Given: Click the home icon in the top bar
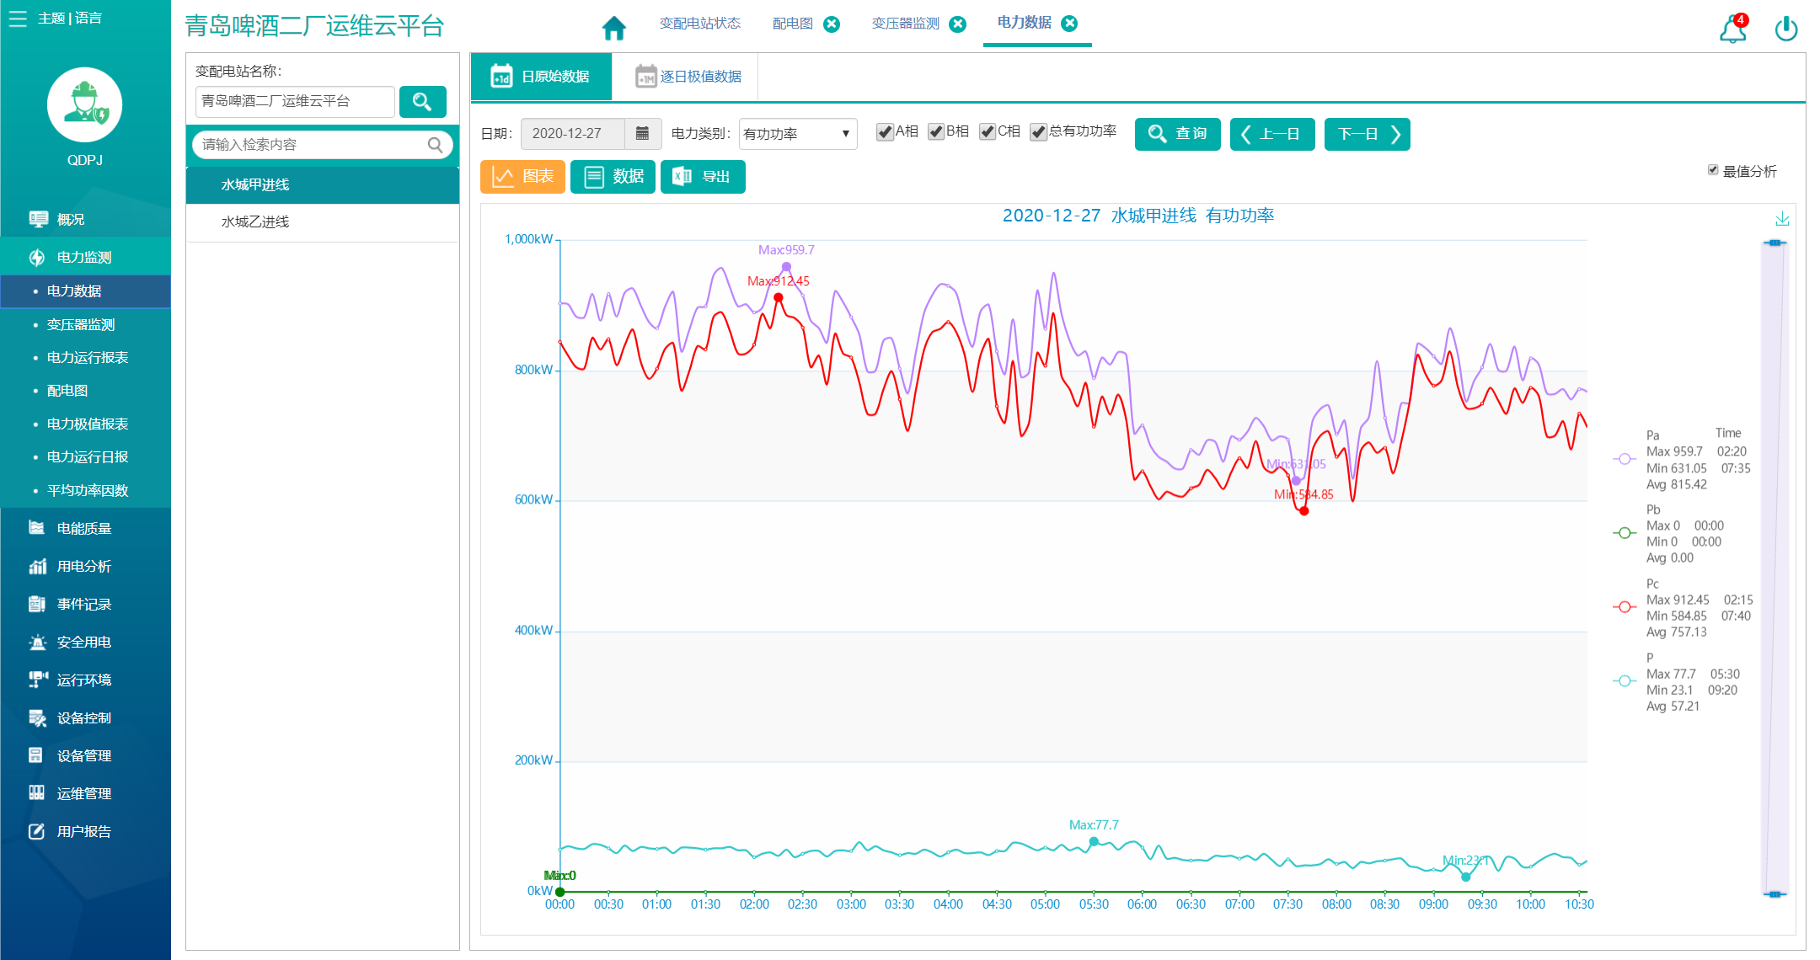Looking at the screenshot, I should (x=614, y=28).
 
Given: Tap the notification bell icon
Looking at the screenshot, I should (x=1732, y=29).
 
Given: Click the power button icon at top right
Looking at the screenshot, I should (x=1786, y=29).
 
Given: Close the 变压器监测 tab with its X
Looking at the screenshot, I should (x=958, y=24).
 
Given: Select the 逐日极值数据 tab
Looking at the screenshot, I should (x=688, y=77).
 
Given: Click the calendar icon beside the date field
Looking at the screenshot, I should (x=642, y=133).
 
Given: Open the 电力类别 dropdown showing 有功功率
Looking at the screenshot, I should (x=797, y=134).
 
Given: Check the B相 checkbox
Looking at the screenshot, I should (x=936, y=132).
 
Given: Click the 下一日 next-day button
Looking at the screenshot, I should (x=1367, y=134).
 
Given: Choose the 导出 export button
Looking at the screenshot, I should (x=703, y=177).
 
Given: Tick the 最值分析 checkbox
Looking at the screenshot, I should (x=1713, y=170).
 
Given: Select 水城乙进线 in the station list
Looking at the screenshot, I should (x=255, y=221).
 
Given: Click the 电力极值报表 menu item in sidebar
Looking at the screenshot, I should (x=88, y=424).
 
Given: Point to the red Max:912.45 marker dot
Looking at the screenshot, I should (x=779, y=297).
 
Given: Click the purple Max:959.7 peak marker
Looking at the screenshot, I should (x=786, y=267).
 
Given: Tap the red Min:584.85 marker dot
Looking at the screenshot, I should (x=1304, y=511).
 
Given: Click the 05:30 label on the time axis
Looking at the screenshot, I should (x=1094, y=904).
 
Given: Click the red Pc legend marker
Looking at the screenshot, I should (x=1624, y=607).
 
